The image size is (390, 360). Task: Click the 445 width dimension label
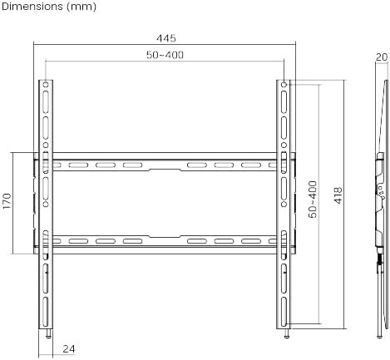click(x=166, y=38)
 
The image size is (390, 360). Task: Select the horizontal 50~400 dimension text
click(x=165, y=55)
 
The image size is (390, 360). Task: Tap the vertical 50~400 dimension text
click(x=313, y=199)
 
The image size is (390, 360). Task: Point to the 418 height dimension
click(x=338, y=195)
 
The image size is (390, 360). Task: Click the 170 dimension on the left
click(x=7, y=201)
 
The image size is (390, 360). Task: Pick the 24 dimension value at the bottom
click(x=68, y=349)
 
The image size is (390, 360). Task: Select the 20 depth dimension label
click(x=382, y=57)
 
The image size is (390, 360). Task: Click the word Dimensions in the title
click(x=32, y=7)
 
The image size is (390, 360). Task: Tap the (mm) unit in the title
click(x=81, y=7)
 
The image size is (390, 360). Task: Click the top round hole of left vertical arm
click(x=46, y=84)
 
